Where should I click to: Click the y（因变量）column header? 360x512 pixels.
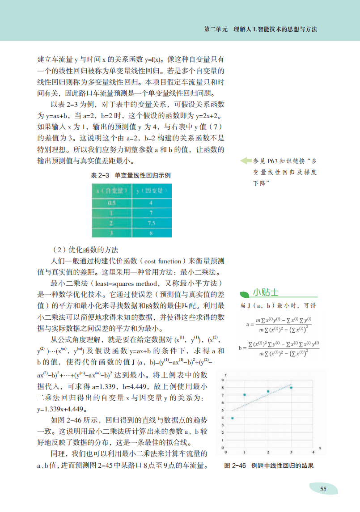click(152, 190)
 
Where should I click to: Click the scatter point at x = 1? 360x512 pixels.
click(245, 395)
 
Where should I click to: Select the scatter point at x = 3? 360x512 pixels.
click(291, 388)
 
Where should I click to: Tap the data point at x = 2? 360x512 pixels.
click(268, 391)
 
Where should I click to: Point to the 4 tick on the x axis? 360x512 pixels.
click(314, 452)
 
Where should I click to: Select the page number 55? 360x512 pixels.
click(323, 489)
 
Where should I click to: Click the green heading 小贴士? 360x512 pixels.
click(265, 292)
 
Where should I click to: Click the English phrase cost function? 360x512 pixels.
click(164, 261)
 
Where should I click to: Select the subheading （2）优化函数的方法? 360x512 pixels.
click(85, 249)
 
